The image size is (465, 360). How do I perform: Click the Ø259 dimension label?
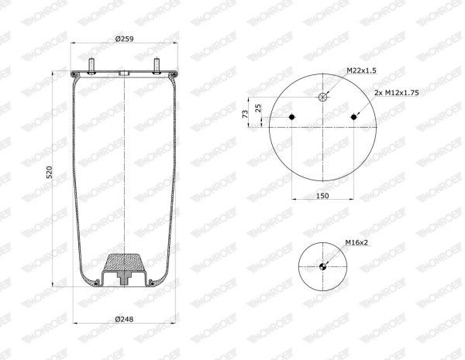125,39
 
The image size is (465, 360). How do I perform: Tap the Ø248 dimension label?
125,319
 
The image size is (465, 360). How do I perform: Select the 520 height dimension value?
49,172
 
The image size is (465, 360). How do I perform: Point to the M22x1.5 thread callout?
361,70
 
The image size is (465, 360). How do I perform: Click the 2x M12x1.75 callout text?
397,93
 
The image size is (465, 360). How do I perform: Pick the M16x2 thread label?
356,242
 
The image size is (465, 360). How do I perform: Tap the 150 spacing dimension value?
322,196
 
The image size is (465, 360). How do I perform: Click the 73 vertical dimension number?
245,114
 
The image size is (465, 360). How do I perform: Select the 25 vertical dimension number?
258,108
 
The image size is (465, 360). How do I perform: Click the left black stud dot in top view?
292,117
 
